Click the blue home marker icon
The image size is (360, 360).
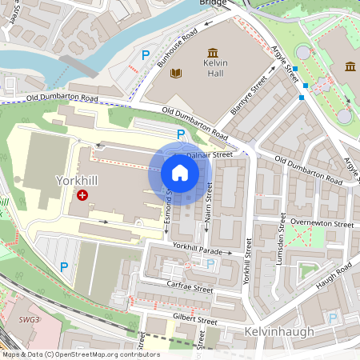(180, 173)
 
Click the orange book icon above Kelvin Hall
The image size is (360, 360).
(176, 74)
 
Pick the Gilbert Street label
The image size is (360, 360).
(195, 321)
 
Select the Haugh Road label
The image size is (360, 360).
(334, 277)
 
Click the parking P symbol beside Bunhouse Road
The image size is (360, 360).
(145, 55)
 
